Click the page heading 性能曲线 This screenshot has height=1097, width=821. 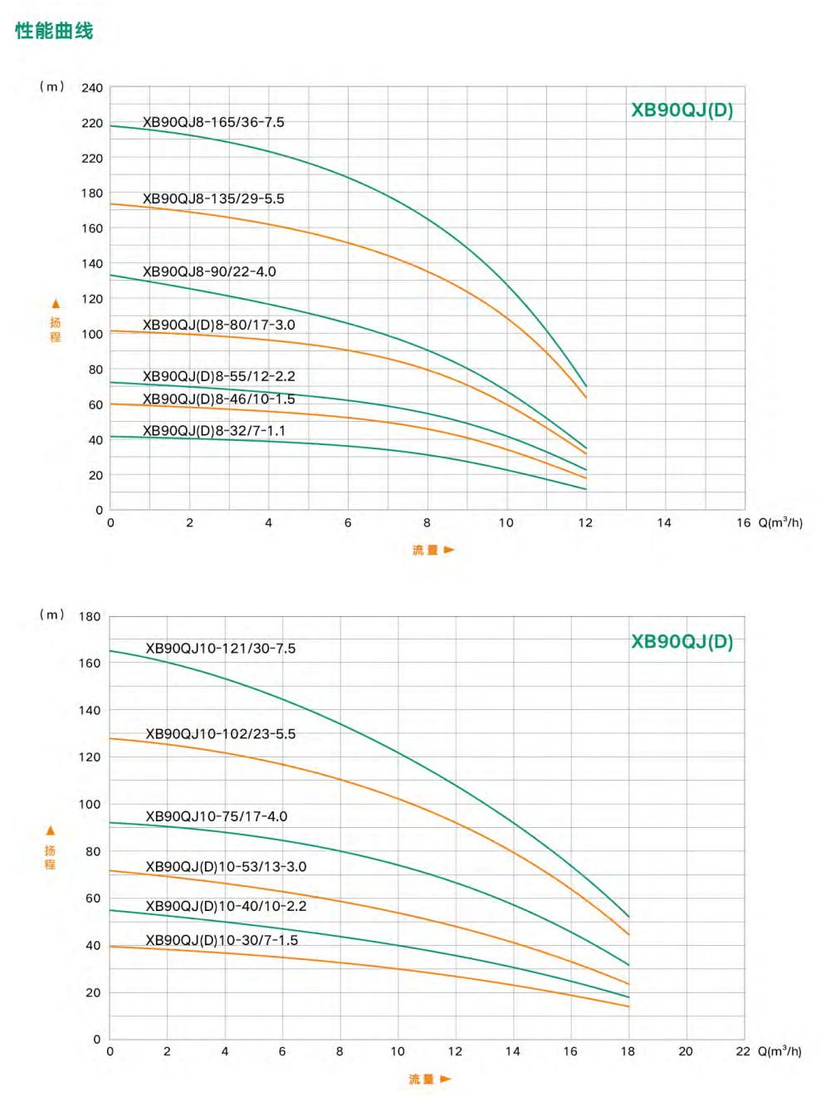[54, 31]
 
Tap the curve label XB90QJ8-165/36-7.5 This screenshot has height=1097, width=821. [213, 122]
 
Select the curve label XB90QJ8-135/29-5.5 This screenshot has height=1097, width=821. [213, 198]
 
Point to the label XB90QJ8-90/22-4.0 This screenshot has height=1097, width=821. [209, 272]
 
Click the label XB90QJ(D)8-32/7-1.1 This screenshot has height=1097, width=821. [214, 430]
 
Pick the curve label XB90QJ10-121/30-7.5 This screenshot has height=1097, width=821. [221, 649]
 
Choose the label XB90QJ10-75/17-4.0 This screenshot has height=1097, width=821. [217, 816]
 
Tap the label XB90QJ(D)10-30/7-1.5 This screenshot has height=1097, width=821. [222, 940]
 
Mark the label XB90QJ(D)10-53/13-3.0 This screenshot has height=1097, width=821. [226, 866]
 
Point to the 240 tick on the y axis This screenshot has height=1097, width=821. [92, 88]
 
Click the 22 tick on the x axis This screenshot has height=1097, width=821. [743, 1051]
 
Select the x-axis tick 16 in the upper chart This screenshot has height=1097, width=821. [744, 522]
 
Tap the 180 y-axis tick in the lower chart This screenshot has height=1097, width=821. [90, 617]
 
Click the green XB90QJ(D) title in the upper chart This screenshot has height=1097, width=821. [682, 110]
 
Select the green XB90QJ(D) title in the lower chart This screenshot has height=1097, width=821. [682, 642]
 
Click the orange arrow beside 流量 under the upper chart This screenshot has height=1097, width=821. [449, 550]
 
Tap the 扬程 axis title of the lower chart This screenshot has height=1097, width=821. [50, 857]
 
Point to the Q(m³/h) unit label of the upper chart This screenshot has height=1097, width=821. [780, 522]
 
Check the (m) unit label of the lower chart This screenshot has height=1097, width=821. [51, 615]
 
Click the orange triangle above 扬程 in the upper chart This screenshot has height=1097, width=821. [56, 304]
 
